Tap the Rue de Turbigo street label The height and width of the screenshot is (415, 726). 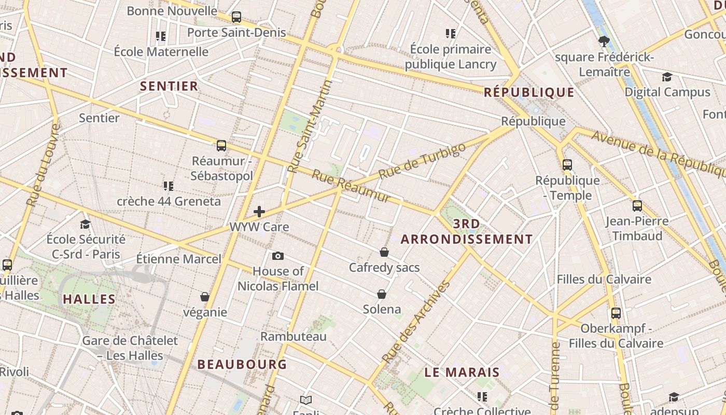click(x=422, y=161)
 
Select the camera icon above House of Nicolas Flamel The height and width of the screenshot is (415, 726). click(x=278, y=256)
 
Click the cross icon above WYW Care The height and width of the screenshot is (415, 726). click(x=259, y=211)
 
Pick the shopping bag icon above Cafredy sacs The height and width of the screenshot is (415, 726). click(x=384, y=252)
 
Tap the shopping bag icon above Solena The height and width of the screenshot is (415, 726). click(x=382, y=294)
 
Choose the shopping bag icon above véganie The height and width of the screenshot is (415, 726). click(x=205, y=297)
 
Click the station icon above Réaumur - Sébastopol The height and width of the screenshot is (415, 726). click(x=221, y=146)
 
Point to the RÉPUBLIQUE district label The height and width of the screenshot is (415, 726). click(x=529, y=92)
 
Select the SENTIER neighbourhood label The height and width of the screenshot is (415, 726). click(x=169, y=86)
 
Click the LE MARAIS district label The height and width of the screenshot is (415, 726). click(x=462, y=372)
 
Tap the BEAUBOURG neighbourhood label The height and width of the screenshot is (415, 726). click(x=242, y=364)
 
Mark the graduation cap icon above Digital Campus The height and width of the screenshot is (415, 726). click(x=667, y=77)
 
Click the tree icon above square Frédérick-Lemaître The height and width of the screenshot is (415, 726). click(x=604, y=41)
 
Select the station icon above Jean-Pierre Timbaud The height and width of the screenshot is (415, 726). click(x=637, y=206)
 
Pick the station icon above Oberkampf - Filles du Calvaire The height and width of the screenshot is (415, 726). click(x=616, y=313)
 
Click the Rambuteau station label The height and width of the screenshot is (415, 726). click(x=294, y=336)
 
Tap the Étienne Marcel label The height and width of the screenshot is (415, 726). click(x=178, y=259)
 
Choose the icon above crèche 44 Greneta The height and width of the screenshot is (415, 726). click(x=169, y=186)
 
